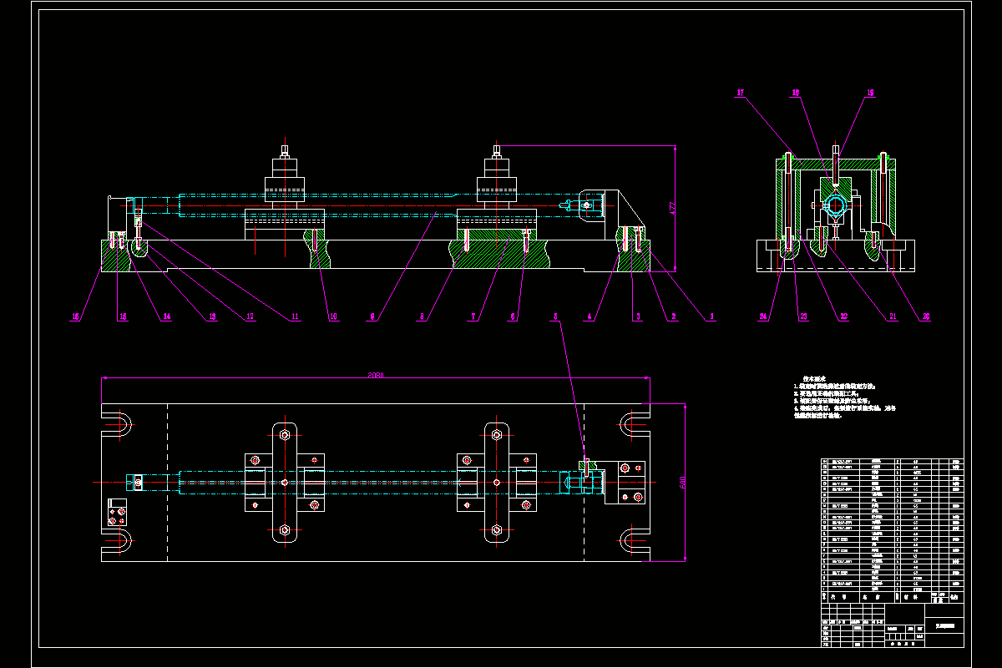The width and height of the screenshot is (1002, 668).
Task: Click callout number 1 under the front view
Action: (712, 316)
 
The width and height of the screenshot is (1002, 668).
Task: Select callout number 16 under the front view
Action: (75, 316)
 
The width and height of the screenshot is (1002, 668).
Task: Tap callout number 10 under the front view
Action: (334, 316)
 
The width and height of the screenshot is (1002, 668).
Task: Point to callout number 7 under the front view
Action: (473, 316)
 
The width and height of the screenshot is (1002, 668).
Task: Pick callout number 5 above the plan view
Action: (555, 316)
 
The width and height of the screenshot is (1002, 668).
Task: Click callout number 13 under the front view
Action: (211, 316)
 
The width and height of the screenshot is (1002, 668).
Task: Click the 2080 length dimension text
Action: (375, 375)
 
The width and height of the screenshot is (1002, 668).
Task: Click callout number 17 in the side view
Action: (740, 94)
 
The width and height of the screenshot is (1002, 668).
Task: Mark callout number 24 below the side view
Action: (763, 316)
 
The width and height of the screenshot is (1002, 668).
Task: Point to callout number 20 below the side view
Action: (925, 316)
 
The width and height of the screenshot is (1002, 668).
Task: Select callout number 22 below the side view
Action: (844, 316)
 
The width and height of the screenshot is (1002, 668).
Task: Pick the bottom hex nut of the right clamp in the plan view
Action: (497, 529)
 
